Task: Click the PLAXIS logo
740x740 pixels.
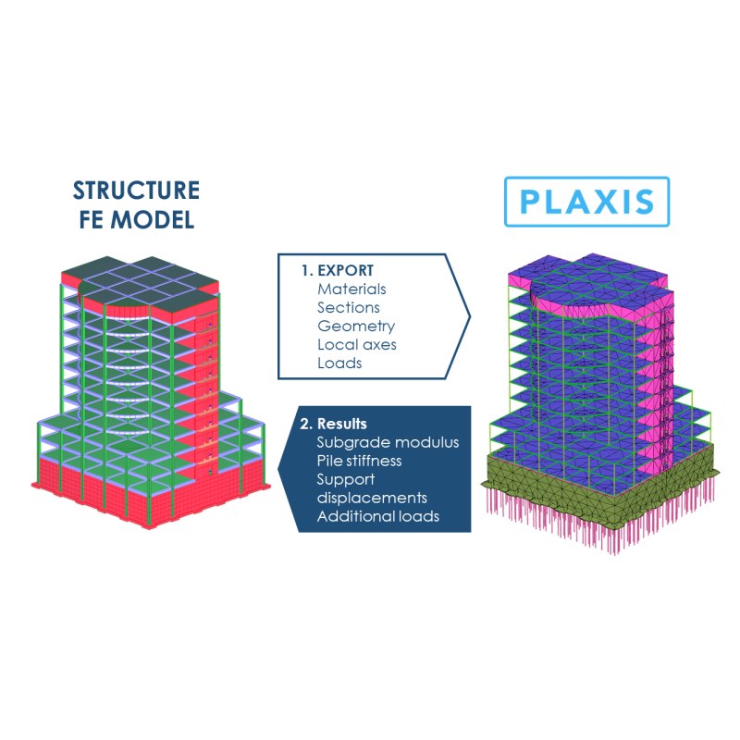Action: pyautogui.click(x=586, y=202)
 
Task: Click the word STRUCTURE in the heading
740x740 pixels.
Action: pyautogui.click(x=136, y=191)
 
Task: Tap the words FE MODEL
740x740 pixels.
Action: pyautogui.click(x=137, y=221)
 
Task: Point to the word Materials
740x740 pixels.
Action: pyautogui.click(x=351, y=290)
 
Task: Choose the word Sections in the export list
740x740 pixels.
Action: pyautogui.click(x=348, y=308)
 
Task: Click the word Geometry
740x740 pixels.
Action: pyautogui.click(x=356, y=327)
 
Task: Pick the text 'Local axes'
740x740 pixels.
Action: pyautogui.click(x=357, y=345)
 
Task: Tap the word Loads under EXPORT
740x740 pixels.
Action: pyautogui.click(x=339, y=364)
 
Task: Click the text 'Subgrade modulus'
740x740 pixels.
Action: pyautogui.click(x=388, y=442)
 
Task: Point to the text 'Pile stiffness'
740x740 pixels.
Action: pyautogui.click(x=359, y=461)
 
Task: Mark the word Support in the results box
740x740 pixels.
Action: pyautogui.click(x=345, y=479)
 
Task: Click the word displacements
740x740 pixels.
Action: pyautogui.click(x=372, y=498)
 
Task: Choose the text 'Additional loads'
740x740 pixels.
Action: pyautogui.click(x=377, y=516)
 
